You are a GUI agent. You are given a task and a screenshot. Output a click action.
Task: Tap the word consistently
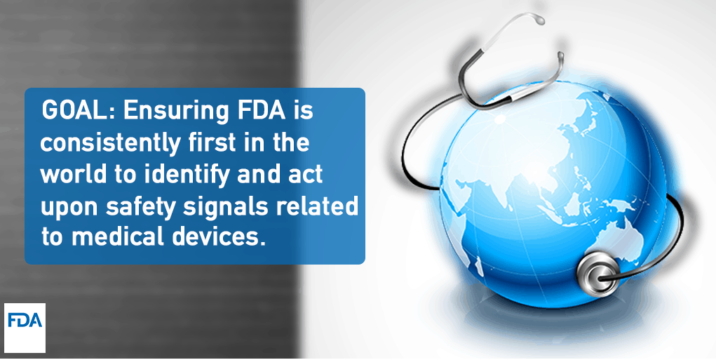[x=111, y=143]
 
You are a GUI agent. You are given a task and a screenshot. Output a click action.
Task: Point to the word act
[x=306, y=175]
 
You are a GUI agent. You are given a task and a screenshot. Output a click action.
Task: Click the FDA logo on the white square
[x=25, y=320]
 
